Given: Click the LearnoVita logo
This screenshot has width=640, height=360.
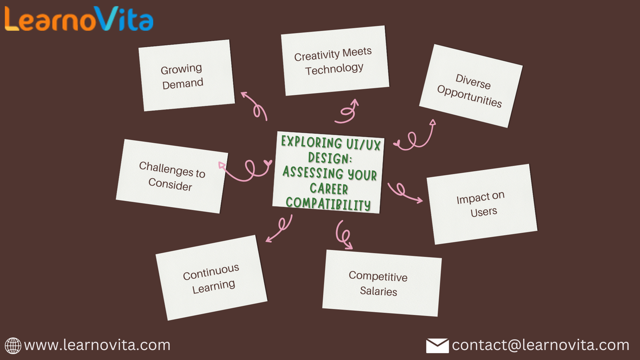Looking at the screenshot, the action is click(79, 19).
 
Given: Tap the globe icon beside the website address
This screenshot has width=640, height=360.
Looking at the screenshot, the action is click(13, 346).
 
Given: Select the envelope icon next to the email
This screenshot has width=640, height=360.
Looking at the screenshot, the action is click(437, 346).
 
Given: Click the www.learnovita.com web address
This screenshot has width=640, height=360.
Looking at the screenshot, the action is click(97, 345).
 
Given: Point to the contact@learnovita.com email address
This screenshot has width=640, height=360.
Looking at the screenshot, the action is click(540, 345).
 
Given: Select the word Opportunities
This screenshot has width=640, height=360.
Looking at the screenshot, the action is click(470, 96).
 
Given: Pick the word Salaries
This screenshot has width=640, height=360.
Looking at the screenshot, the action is click(378, 291).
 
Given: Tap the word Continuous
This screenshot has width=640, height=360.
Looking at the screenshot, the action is click(211, 272).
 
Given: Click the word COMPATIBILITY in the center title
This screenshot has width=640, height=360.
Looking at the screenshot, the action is click(328, 204).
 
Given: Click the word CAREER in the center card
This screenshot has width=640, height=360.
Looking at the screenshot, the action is click(329, 188).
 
